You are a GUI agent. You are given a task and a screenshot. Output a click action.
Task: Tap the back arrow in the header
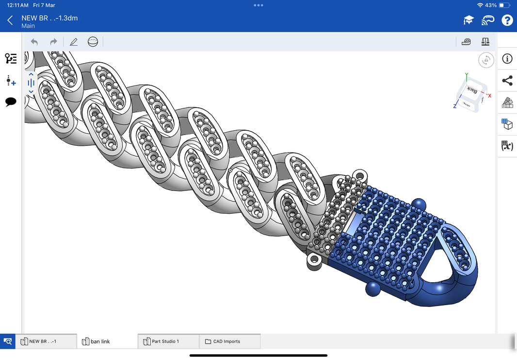[10, 20]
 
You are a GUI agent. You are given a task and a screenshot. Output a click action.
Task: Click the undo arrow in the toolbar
[34, 42]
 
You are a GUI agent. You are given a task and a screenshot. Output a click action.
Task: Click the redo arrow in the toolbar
[53, 42]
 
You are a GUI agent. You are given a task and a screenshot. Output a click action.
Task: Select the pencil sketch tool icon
[74, 42]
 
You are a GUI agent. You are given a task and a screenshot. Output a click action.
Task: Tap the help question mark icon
[507, 20]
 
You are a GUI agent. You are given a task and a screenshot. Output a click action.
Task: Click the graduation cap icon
[468, 20]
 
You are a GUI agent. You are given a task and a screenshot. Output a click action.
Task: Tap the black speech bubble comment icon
[11, 102]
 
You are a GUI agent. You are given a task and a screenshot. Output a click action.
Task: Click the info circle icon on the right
[507, 59]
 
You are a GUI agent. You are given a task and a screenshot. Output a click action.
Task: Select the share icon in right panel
[507, 81]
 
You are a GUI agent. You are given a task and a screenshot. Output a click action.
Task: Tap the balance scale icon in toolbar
[485, 42]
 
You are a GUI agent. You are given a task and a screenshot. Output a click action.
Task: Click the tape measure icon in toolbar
[467, 42]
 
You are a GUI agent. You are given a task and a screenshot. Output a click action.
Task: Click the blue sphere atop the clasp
[419, 204]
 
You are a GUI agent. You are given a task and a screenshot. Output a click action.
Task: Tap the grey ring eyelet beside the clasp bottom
[314, 260]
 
